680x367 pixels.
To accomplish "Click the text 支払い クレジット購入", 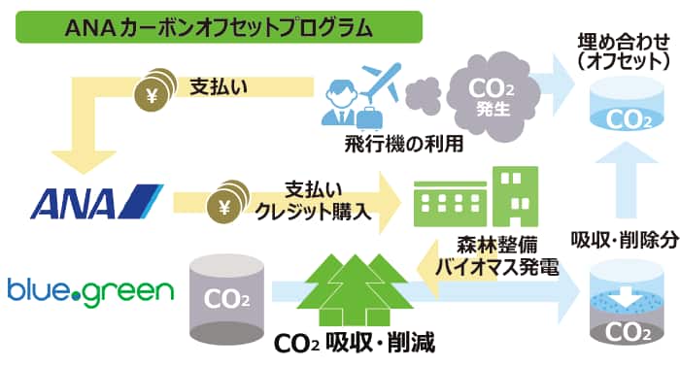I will coord(312,199).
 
